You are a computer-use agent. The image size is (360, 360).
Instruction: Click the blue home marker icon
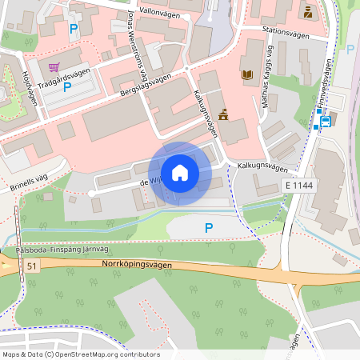coord(179,173)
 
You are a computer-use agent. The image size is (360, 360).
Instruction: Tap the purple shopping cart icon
coord(54,68)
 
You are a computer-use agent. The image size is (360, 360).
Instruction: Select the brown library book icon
coord(246,74)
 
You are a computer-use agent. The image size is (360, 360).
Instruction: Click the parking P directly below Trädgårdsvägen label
coord(67,87)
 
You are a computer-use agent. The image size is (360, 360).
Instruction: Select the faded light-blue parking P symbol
coord(350,50)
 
